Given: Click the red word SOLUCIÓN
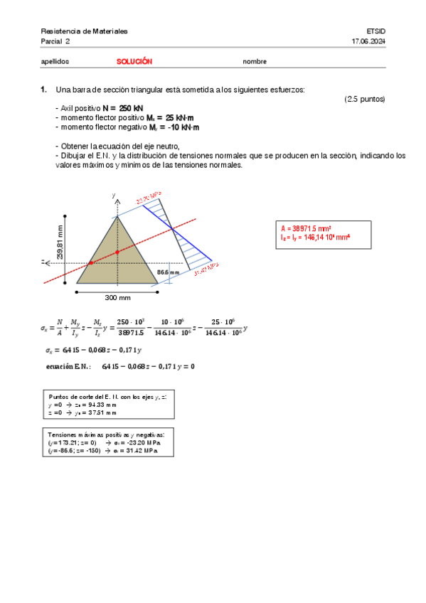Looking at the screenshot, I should pyautogui.click(x=134, y=61).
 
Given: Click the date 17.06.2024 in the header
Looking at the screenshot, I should pyautogui.click(x=368, y=42).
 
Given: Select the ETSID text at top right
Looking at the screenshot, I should pyautogui.click(x=376, y=32).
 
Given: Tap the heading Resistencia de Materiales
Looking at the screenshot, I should pyautogui.click(x=84, y=32).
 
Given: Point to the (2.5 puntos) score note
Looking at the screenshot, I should pyautogui.click(x=364, y=99).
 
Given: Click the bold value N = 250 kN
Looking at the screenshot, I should pyautogui.click(x=124, y=107).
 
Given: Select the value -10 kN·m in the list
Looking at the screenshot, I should pyautogui.click(x=184, y=127).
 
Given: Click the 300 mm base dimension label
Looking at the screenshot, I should pyautogui.click(x=117, y=297).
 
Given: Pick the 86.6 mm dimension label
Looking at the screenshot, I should pyautogui.click(x=168, y=272).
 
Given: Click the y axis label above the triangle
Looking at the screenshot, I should pyautogui.click(x=114, y=194).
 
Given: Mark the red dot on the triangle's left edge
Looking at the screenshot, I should pyautogui.click(x=90, y=263).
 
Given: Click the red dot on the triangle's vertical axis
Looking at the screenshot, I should pyautogui.click(x=117, y=251).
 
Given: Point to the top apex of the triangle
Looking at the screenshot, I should pyautogui.click(x=117, y=216).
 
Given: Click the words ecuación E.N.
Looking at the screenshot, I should pyautogui.click(x=68, y=367).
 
